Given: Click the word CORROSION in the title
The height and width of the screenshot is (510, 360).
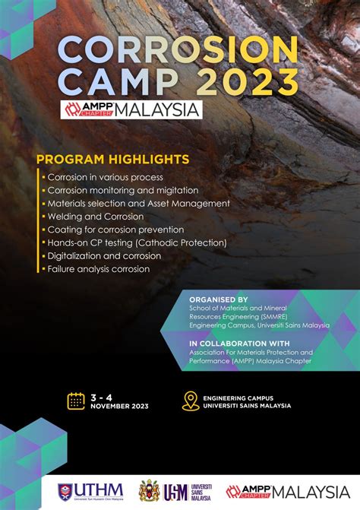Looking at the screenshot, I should point(178,52).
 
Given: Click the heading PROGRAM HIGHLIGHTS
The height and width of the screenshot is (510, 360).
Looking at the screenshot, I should point(112,160).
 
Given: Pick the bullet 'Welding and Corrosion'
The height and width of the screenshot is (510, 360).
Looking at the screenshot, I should point(95,217).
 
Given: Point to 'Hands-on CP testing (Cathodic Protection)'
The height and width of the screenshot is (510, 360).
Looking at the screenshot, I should point(137,242).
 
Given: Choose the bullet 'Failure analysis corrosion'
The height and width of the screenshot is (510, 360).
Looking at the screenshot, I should point(99,268).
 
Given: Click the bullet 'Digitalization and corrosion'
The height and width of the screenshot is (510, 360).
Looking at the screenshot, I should point(103,255).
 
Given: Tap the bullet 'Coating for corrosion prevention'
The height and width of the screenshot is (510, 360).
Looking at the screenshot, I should point(115,230).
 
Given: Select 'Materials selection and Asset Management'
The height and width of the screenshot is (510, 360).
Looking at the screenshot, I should point(138,203).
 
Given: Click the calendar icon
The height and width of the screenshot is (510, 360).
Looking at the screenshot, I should point(76,401).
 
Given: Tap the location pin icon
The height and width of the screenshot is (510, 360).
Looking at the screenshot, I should point(191,401).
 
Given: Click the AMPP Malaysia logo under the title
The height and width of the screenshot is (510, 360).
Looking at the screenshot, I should point(133,109).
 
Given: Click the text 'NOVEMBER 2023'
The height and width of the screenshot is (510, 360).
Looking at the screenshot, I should point(118,406).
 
